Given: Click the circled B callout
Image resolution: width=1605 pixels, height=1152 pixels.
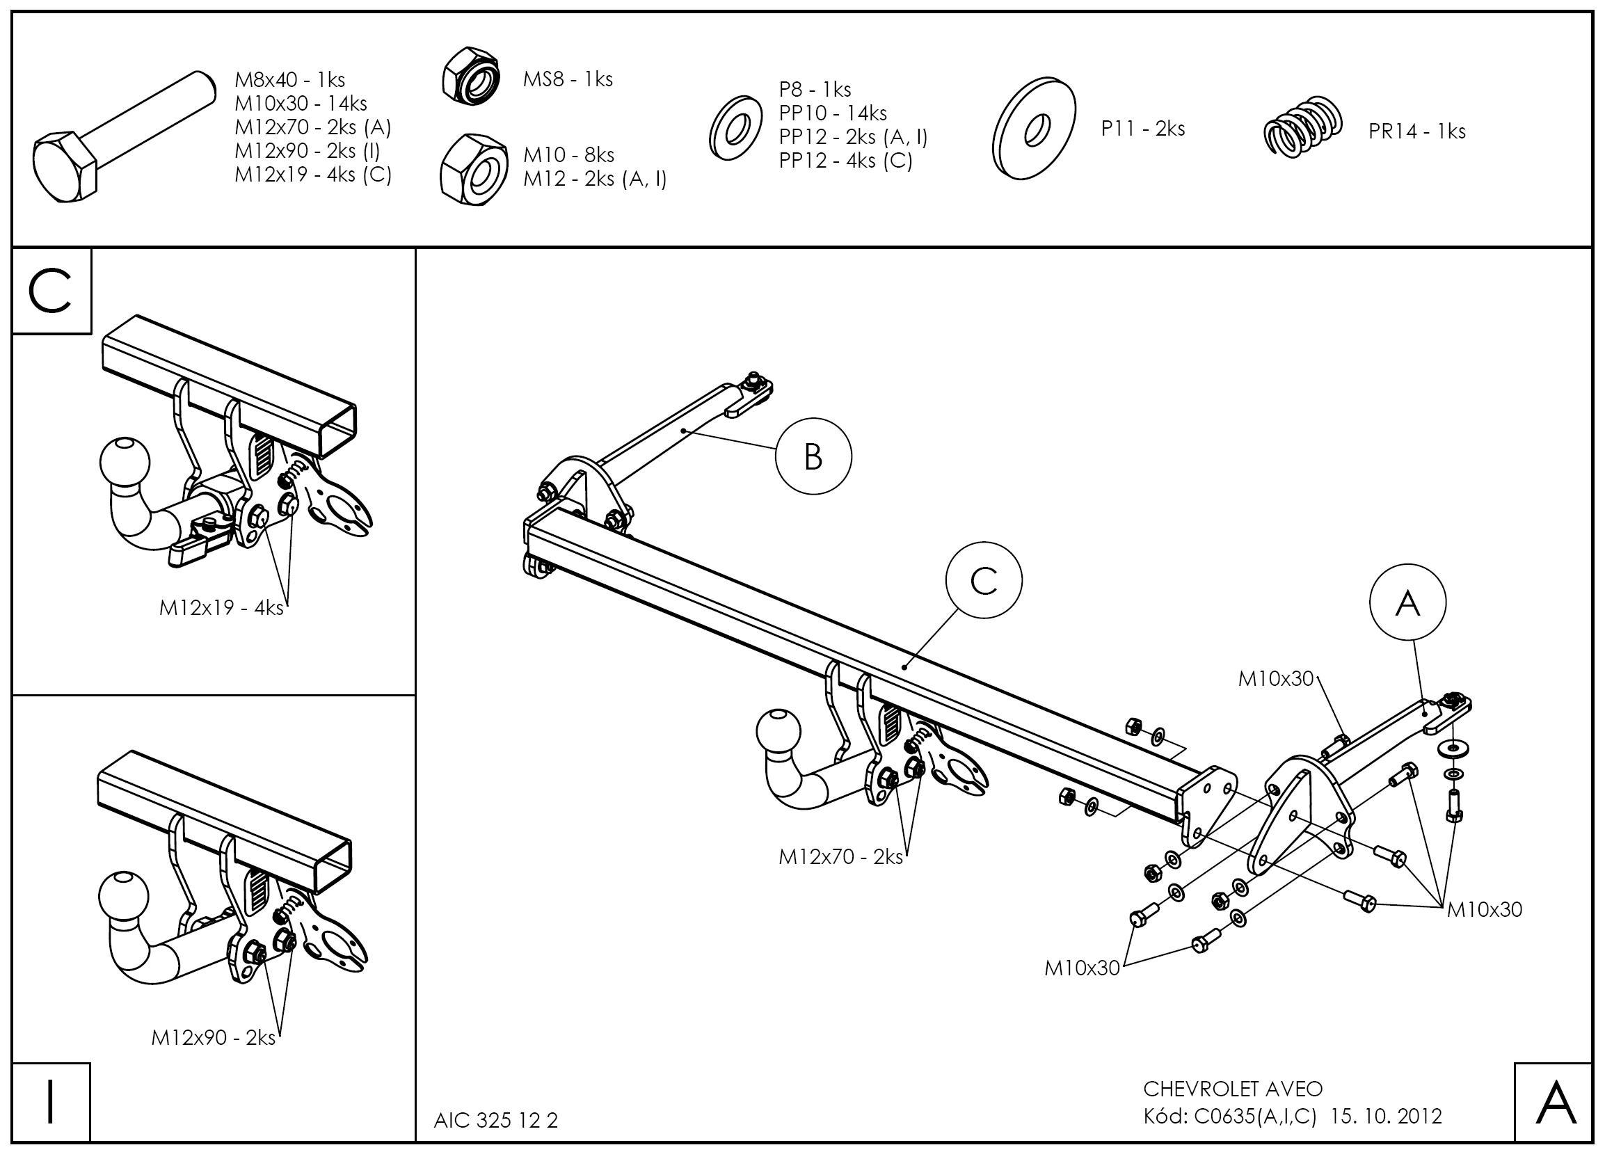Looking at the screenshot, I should [x=813, y=456].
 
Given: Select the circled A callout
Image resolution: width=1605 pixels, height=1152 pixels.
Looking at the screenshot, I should [x=1407, y=602].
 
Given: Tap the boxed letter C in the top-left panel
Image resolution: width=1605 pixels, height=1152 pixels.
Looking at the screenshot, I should [x=51, y=291].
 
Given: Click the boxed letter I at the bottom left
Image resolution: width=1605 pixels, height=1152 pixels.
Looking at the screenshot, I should [x=50, y=1103].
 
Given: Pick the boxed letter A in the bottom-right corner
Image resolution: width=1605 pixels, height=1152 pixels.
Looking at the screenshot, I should [x=1556, y=1103].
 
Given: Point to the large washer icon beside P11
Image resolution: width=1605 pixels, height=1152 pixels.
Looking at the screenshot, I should [x=1035, y=129].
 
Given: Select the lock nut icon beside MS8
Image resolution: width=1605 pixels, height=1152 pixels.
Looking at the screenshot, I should [x=471, y=78].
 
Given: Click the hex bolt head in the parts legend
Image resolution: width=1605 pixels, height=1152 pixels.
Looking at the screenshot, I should [x=65, y=166].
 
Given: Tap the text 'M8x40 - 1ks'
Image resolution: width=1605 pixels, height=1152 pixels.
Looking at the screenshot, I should [x=289, y=80].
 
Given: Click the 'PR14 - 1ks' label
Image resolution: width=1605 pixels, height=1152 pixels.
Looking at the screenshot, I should [x=1416, y=131].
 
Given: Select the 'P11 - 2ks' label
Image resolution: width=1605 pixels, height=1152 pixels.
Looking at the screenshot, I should [x=1142, y=129].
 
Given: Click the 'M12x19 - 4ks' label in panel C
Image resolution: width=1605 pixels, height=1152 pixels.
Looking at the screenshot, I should [x=221, y=607].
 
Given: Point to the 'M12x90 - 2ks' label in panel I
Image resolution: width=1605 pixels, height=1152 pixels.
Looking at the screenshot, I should [x=213, y=1037].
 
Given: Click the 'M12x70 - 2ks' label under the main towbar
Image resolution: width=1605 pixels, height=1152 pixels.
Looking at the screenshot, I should [x=840, y=857].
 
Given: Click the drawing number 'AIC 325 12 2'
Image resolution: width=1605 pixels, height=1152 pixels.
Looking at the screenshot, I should [x=495, y=1120].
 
